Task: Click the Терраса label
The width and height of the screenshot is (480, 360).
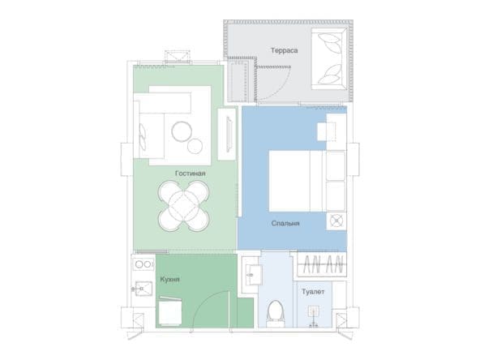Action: [284, 50]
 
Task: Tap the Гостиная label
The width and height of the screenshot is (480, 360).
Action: [190, 174]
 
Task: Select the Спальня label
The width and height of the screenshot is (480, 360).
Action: [285, 223]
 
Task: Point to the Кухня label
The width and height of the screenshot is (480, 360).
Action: [170, 279]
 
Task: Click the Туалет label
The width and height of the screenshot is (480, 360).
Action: [313, 291]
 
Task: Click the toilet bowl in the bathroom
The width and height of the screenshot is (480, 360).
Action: [275, 312]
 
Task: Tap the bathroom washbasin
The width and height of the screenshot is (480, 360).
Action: [254, 275]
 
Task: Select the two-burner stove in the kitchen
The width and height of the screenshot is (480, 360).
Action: [144, 264]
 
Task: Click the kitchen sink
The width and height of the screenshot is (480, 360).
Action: [144, 289]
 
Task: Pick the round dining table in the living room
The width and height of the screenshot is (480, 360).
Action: [184, 206]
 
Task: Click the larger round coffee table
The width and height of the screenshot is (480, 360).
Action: [182, 131]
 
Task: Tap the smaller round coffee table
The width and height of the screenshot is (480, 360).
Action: [195, 146]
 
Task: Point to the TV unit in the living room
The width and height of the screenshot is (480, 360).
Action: [227, 134]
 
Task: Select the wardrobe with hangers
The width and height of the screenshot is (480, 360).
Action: [322, 264]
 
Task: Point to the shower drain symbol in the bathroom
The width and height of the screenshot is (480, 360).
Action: [314, 312]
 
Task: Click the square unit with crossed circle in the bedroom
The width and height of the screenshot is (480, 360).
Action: [336, 221]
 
